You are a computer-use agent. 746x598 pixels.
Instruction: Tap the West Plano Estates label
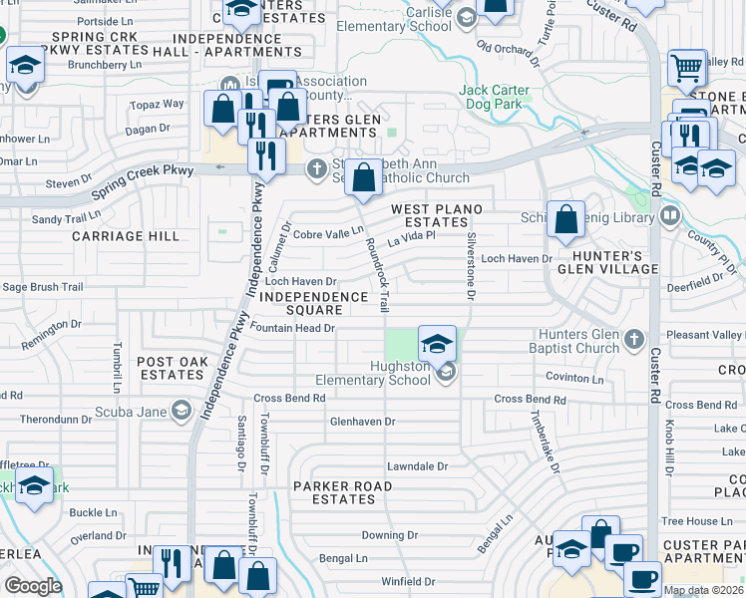point(436,216)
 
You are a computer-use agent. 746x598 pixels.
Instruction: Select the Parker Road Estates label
point(341,492)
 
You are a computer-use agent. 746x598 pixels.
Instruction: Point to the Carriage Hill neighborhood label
point(126,236)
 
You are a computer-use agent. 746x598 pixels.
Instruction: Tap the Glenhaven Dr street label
point(363,422)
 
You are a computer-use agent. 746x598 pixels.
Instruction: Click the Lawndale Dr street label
point(418,465)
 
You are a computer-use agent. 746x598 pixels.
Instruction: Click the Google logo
point(32,586)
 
